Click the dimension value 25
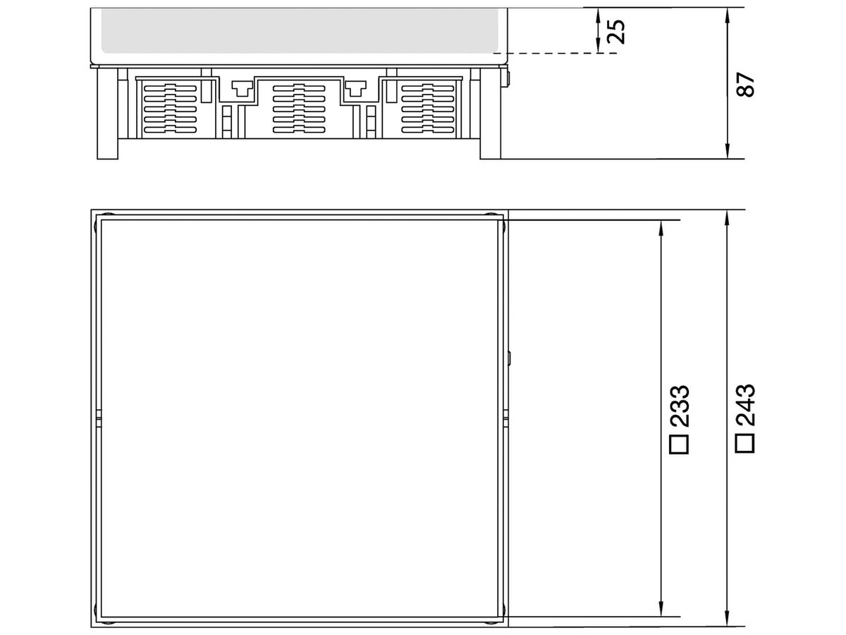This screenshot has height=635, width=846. [615, 31]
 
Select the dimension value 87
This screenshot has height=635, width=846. [745, 85]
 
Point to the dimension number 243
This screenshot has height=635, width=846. [745, 405]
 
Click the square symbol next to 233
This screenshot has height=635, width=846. [679, 445]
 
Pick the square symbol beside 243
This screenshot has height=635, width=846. [744, 443]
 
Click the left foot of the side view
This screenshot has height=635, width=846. [108, 114]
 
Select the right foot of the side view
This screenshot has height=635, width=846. [490, 114]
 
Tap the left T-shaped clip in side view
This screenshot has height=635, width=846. [242, 88]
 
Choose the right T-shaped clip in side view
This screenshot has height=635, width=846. [355, 88]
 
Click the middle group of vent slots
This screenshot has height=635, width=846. [299, 109]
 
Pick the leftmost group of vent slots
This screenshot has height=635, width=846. [170, 109]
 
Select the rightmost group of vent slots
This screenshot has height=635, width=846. [427, 109]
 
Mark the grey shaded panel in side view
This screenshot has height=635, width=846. [300, 31]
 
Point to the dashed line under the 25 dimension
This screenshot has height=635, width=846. [555, 53]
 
